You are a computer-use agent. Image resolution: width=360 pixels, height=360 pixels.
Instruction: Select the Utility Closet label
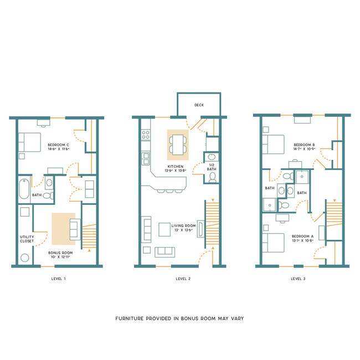[27, 239]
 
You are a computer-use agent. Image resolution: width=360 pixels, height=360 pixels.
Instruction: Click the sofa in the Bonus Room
[74, 228]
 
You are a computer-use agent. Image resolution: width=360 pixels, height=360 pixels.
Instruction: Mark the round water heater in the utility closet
[24, 258]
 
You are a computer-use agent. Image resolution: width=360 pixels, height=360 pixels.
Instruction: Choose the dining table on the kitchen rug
[178, 144]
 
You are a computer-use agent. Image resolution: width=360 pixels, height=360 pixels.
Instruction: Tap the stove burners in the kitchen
[146, 135]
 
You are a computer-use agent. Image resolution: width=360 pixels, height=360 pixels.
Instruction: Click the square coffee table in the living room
[164, 229]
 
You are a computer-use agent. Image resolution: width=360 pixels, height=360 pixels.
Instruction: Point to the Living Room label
[184, 225]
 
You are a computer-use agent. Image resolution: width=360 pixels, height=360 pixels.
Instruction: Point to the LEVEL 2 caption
[183, 279]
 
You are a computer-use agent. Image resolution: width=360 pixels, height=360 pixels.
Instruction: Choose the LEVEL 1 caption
[58, 279]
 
